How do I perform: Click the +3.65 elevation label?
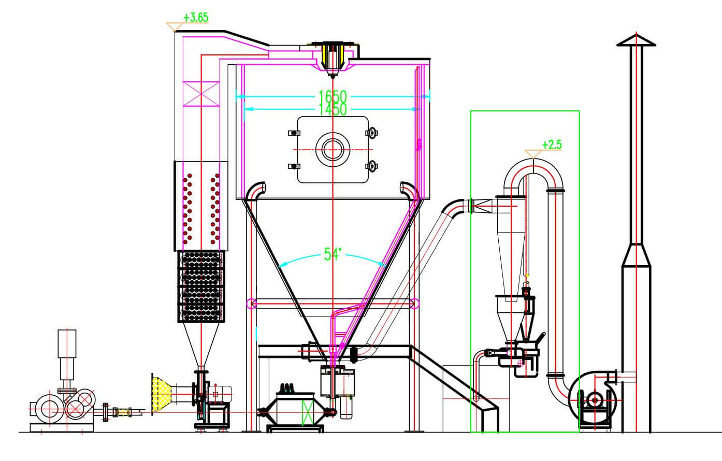point(196,18)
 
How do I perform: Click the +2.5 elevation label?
point(552,145)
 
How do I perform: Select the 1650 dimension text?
point(333,96)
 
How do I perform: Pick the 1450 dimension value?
point(333,110)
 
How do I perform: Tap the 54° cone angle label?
point(333,254)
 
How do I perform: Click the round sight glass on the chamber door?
point(333,150)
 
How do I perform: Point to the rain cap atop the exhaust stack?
point(636,40)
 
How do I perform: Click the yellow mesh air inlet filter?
point(162,394)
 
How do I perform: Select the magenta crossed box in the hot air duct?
point(201,94)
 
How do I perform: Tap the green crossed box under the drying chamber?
point(307,413)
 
